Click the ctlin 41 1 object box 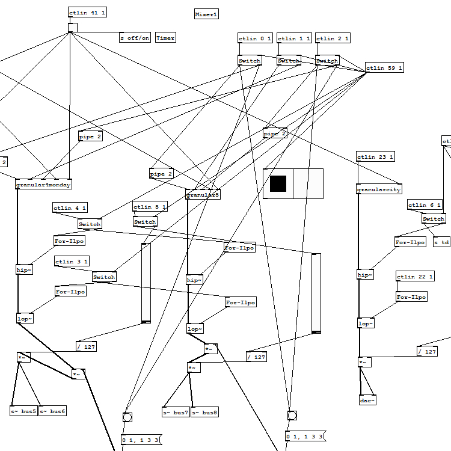[87, 13]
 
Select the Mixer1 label [206, 14]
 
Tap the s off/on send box [135, 38]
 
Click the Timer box [165, 38]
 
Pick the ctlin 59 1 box [384, 68]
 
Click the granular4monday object [43, 184]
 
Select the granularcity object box [379, 189]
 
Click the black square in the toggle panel [278, 183]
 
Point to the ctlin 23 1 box [375, 157]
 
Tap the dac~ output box [367, 400]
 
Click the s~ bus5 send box [23, 411]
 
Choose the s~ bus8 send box [206, 413]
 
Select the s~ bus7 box [176, 413]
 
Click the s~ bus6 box [53, 411]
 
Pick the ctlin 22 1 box [415, 277]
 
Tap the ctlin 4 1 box [70, 208]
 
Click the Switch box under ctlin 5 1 [145, 221]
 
